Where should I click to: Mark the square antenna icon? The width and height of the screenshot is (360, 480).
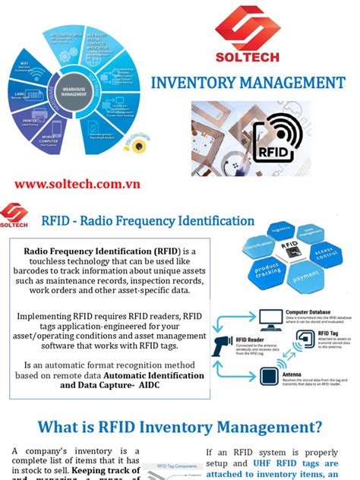pos(272,374)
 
